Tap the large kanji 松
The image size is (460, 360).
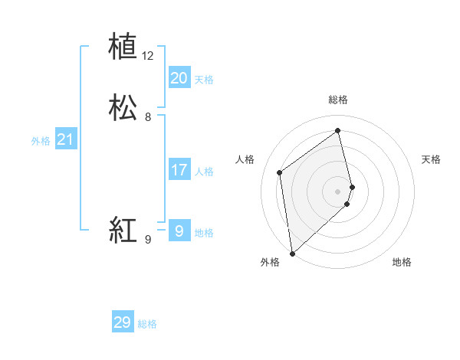point(123,108)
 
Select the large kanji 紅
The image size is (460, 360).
point(123,230)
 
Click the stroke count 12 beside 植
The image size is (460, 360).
point(148,56)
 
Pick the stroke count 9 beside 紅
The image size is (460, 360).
point(148,240)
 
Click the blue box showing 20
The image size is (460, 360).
point(179,78)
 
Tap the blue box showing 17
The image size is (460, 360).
point(179,170)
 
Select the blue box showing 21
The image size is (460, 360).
point(65,139)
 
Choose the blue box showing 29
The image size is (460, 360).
point(122,322)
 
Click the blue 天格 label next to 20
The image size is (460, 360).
point(204,80)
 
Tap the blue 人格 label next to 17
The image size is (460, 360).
point(204,172)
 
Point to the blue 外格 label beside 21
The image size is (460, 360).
point(41,141)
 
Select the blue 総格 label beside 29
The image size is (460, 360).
point(147,324)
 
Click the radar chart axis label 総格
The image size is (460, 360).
point(338,100)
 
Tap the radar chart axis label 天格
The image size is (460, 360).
point(431,159)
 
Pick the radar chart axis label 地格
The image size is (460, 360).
point(402,262)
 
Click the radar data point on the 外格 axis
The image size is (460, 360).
point(292,253)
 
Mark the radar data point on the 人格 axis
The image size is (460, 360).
point(280,172)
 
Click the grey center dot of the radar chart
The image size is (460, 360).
point(338,191)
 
